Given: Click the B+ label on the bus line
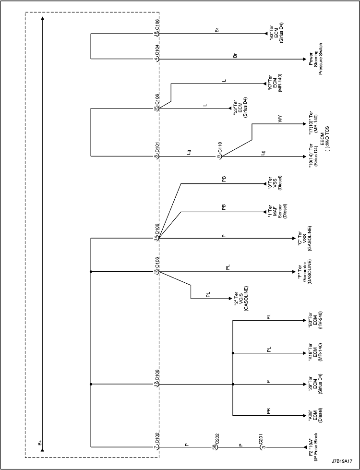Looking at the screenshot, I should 40,443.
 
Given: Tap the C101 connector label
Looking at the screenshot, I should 157,148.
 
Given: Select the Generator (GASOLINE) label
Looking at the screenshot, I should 304,272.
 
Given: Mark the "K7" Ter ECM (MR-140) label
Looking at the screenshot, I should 274,83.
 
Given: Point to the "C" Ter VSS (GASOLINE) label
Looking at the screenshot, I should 304,238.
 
